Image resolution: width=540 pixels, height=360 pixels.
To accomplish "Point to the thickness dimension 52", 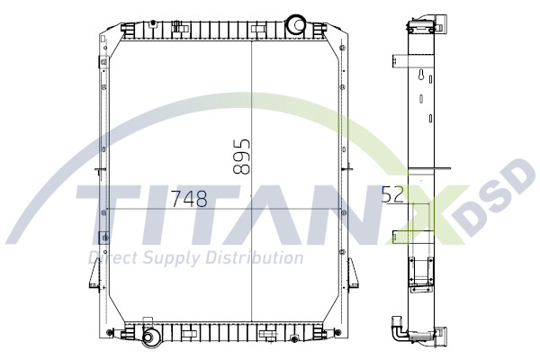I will (x=392, y=195).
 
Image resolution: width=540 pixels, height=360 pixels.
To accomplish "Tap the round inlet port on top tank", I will (x=297, y=22).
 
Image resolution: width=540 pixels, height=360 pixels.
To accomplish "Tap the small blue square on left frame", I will (x=102, y=237).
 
